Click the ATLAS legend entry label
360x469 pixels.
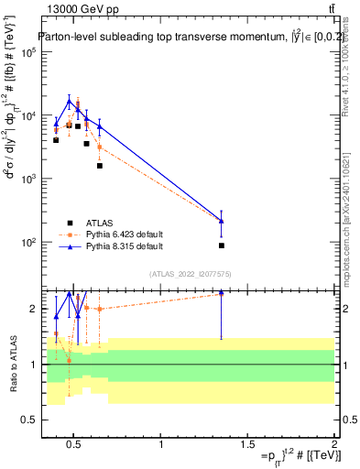coord(100,223)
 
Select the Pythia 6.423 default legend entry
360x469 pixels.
coord(125,234)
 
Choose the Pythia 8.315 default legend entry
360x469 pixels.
coord(125,246)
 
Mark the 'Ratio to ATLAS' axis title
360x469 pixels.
coord(14,364)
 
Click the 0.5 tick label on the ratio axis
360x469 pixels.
coord(27,420)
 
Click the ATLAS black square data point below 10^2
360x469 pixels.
coord(222,245)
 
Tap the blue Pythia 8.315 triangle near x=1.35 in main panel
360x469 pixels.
coord(222,221)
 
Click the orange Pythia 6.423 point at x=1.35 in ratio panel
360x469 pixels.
coord(222,293)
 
